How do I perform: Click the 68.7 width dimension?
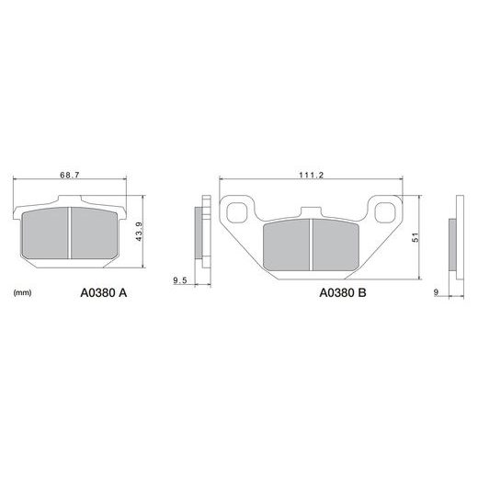click(70, 175)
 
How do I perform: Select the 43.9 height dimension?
click(140, 232)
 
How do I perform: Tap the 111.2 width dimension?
click(312, 175)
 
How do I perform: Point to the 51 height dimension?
click(415, 237)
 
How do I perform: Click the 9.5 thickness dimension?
click(180, 280)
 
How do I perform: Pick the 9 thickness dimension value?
click(436, 292)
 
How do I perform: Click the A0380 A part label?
click(104, 293)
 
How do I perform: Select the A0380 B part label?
click(343, 293)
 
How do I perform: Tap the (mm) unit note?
click(23, 293)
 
